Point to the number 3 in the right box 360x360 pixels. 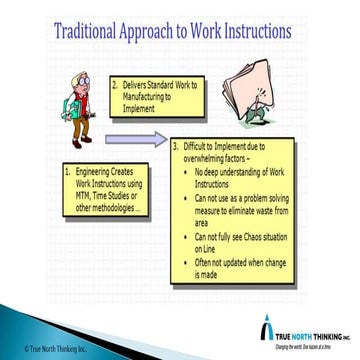[x=175, y=145]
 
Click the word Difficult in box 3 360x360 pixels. [x=198, y=145]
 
